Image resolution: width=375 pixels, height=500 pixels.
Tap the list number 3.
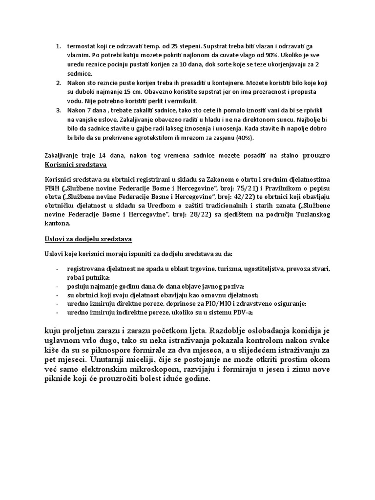click(x=58, y=111)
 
